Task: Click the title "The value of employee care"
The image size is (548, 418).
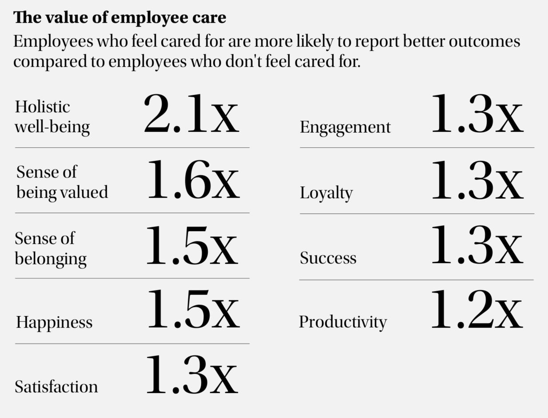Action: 119,18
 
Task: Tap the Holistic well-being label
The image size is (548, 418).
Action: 52,117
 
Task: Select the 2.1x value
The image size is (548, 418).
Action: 191,114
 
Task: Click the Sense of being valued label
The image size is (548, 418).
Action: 62,182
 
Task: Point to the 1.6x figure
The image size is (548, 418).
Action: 193,180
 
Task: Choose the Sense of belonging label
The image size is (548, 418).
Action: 51,248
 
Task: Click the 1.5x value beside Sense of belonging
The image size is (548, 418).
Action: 192,246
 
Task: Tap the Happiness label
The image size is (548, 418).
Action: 54,322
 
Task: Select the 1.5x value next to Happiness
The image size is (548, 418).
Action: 193,310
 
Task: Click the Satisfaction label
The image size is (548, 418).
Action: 56,386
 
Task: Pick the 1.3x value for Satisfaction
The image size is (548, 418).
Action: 192,375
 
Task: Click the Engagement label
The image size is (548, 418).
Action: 345,127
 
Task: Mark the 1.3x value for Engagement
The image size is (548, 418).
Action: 477,114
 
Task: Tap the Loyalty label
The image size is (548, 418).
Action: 326,193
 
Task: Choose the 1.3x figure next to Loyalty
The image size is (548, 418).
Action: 477,180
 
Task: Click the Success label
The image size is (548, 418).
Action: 328,258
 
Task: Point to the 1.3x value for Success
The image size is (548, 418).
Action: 477,245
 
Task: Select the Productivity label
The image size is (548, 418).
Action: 342,322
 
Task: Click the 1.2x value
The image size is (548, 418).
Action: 477,310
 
